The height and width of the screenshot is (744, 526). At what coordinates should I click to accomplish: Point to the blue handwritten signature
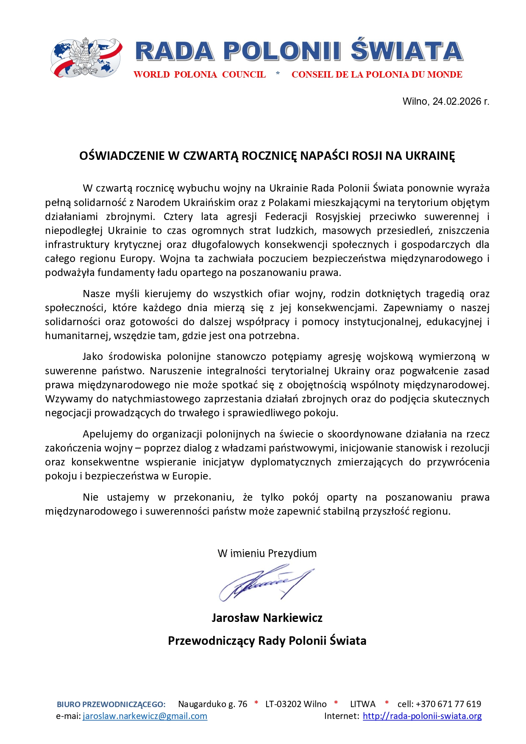(x=265, y=584)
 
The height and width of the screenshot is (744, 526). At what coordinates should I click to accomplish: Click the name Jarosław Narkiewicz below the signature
(x=267, y=618)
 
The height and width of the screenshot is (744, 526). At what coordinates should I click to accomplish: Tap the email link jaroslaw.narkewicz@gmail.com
(x=145, y=716)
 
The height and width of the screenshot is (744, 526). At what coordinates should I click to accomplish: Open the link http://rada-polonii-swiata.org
(x=422, y=716)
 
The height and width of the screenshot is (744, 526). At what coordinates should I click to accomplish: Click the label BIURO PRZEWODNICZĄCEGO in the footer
(x=111, y=705)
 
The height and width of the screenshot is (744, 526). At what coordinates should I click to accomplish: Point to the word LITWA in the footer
(x=363, y=704)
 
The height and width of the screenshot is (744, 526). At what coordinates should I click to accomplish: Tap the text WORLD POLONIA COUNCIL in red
(x=200, y=75)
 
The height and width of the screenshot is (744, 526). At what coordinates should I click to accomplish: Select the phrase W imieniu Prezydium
(x=267, y=553)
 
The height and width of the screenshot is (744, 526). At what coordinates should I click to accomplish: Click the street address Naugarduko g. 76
(x=212, y=704)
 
